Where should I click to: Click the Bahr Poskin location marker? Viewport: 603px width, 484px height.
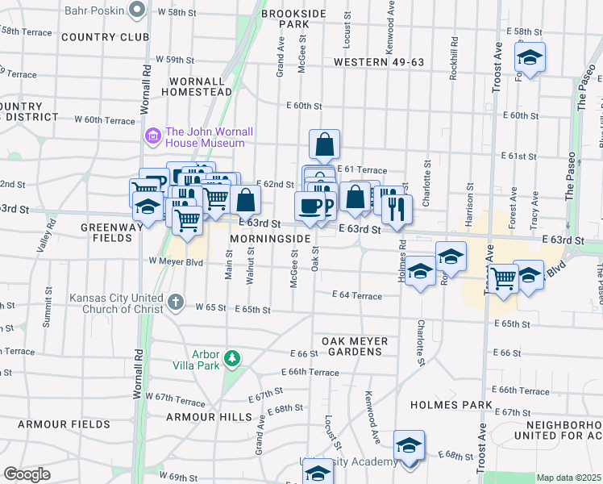(136, 9)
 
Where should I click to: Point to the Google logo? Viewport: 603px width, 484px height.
(27, 474)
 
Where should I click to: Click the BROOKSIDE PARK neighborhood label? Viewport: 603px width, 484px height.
(293, 20)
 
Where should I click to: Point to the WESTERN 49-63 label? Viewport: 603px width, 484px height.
(378, 62)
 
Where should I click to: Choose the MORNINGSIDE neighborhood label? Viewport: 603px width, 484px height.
(270, 240)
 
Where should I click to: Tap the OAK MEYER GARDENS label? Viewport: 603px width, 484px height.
(355, 346)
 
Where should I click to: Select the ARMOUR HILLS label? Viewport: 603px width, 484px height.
(202, 417)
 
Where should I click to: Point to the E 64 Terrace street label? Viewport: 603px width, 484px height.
(357, 296)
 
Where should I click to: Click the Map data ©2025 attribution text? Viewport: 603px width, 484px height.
(568, 478)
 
